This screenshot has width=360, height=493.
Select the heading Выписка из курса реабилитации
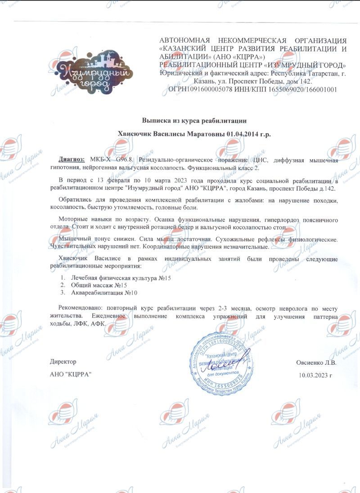194,121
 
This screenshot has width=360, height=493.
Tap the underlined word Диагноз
72,159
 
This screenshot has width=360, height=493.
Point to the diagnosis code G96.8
126,159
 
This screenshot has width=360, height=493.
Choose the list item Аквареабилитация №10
104,293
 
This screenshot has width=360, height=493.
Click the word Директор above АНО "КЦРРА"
63,362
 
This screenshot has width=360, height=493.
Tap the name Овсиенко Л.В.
316,363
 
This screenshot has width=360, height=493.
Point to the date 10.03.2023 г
315,375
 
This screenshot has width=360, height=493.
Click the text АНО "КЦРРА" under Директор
68,375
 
